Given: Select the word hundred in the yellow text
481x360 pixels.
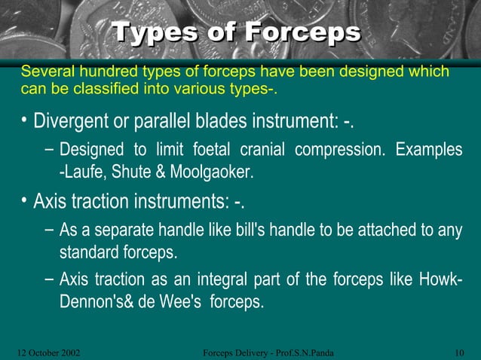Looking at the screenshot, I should point(105,72).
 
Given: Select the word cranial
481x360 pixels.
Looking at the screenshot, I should point(263,150).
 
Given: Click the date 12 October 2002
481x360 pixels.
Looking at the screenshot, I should point(49,352).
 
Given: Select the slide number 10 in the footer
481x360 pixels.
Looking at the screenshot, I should point(459,352).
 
